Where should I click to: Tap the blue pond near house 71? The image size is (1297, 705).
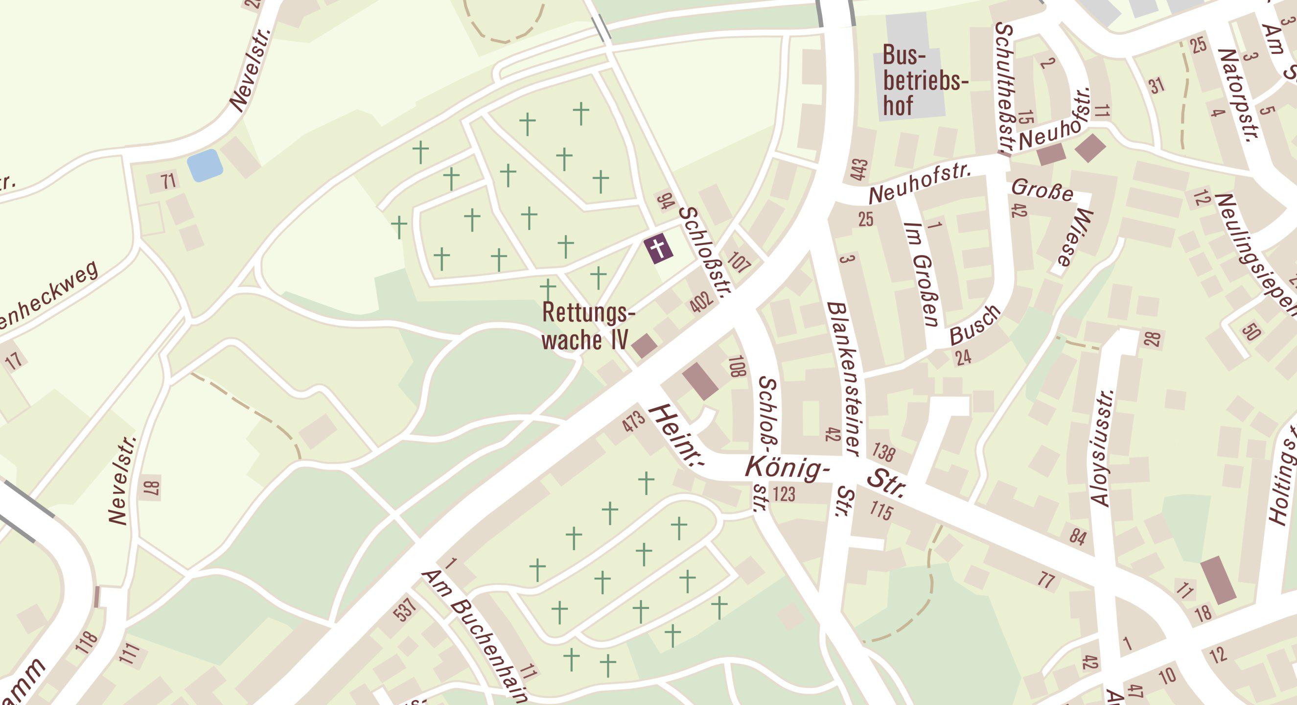[205, 165]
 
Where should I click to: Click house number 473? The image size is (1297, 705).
[633, 422]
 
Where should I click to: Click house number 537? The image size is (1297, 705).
[405, 610]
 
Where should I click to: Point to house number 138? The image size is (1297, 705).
[883, 452]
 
